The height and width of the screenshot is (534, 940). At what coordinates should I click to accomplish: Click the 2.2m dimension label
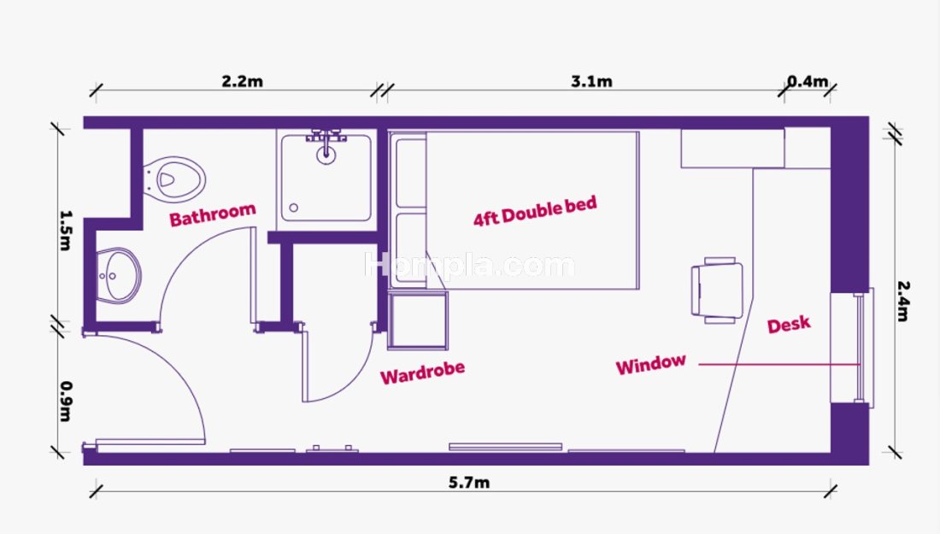[x=242, y=81]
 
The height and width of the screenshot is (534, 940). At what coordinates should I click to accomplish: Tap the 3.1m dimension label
[x=591, y=81]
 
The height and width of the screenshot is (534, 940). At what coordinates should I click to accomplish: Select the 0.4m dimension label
[x=808, y=81]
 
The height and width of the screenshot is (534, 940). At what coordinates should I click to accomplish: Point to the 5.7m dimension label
[x=469, y=483]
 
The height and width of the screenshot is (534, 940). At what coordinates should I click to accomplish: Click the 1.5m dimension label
[x=66, y=230]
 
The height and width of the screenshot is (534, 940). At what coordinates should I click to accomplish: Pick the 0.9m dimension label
[x=66, y=402]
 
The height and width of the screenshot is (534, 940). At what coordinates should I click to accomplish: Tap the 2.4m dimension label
[x=903, y=302]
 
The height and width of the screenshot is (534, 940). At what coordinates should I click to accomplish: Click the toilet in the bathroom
[x=174, y=179]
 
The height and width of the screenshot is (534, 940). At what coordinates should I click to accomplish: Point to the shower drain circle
[x=294, y=208]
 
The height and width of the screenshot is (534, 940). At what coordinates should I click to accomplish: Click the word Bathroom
[x=213, y=214]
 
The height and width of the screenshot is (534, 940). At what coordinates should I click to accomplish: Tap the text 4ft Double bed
[x=535, y=212]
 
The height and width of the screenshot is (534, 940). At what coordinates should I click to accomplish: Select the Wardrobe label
[x=423, y=373]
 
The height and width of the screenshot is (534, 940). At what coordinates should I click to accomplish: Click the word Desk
[x=789, y=324]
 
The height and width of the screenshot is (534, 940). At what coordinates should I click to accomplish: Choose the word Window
[x=651, y=364]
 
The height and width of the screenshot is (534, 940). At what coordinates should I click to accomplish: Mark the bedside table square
[x=418, y=320]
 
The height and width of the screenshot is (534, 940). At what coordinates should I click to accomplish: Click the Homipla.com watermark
[x=469, y=266]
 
